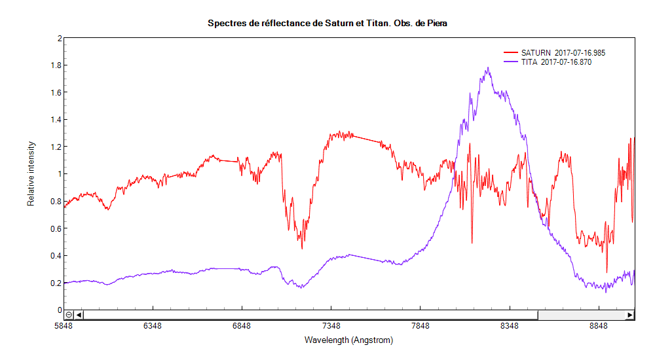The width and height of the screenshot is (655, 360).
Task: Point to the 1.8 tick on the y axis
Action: [x=56, y=65]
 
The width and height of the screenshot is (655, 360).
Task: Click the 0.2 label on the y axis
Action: [x=56, y=283]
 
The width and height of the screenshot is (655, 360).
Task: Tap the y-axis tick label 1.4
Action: [x=56, y=120]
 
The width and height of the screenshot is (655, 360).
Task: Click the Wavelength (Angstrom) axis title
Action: [x=348, y=340]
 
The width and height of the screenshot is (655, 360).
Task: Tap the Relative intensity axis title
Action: [x=31, y=174]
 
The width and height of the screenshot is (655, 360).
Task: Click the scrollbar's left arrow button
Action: [x=79, y=315]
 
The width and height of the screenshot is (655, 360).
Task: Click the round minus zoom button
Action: [x=69, y=315]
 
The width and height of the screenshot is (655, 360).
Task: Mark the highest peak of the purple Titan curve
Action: [x=488, y=67]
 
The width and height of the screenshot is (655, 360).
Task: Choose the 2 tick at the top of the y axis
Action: [x=59, y=39]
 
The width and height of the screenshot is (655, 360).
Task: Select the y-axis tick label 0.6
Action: [x=56, y=228]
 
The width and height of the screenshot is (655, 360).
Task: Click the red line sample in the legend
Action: [x=511, y=52]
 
